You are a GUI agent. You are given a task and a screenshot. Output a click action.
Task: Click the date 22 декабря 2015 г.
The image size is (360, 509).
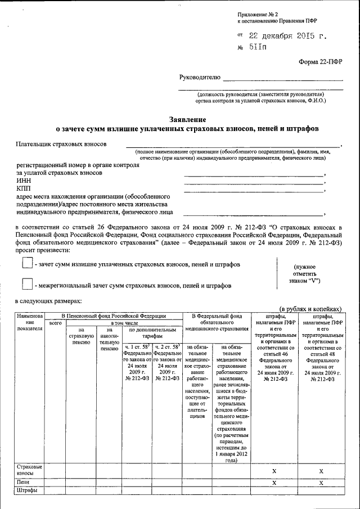282,36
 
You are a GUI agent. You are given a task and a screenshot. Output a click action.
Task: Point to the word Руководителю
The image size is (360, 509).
199,76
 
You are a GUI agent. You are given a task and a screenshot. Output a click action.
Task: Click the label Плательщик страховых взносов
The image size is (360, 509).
62,145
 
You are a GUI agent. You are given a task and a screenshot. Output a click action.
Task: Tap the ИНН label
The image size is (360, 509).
24,181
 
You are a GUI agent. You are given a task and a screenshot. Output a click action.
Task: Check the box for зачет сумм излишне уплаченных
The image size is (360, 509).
27,263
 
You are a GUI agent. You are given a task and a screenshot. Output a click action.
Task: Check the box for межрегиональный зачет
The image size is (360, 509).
27,285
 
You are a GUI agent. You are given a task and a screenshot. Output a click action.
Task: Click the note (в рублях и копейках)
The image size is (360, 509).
310,309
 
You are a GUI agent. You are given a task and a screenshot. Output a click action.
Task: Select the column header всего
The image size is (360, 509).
55,323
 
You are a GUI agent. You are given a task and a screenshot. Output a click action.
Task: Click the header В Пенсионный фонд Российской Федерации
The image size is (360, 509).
114,316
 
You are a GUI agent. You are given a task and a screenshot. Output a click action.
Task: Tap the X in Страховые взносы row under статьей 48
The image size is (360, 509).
321,471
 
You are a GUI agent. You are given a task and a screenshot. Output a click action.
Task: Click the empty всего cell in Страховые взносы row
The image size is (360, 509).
55,471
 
